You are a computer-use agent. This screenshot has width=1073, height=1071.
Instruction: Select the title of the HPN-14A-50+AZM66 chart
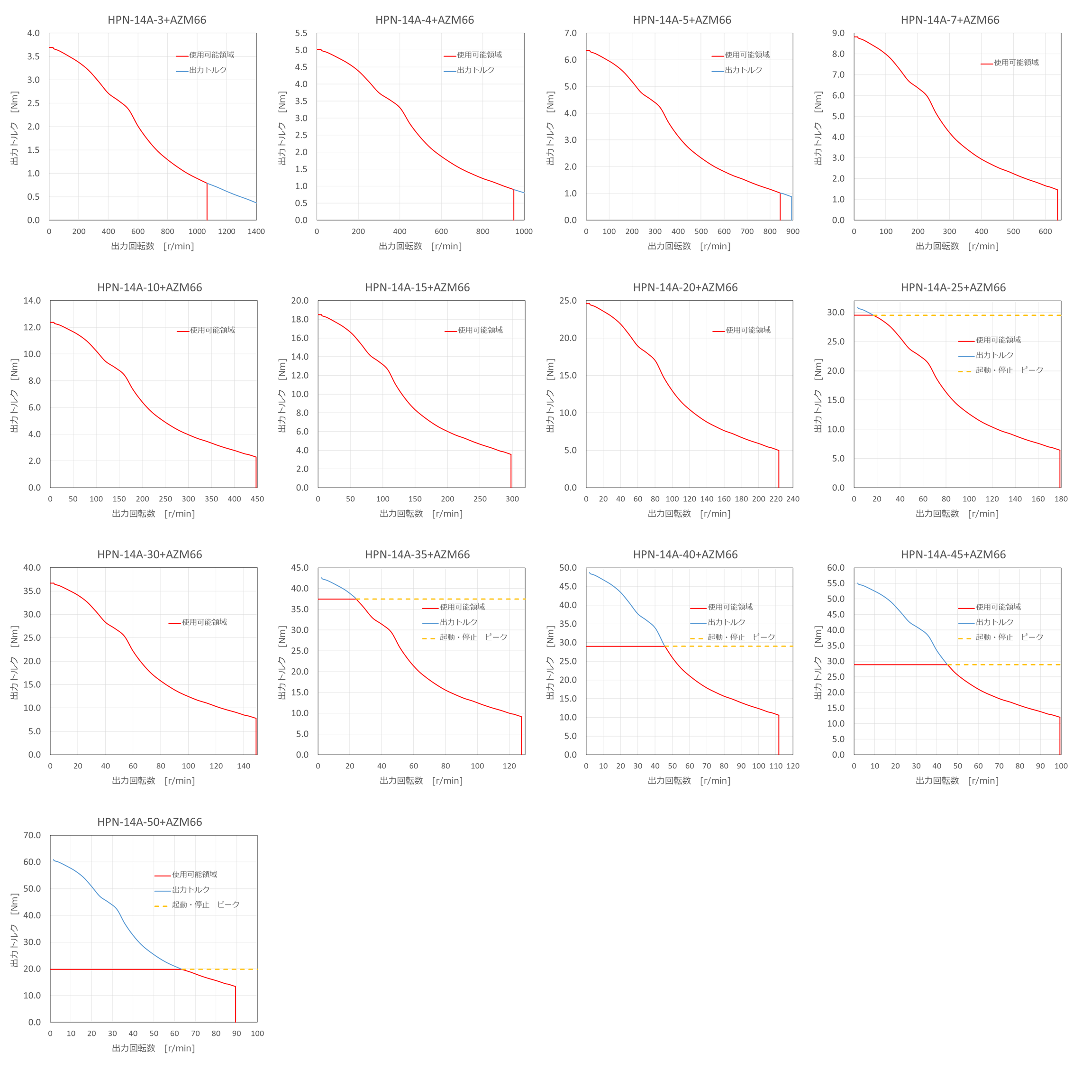149,822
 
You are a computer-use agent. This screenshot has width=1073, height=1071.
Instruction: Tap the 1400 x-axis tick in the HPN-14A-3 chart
256,231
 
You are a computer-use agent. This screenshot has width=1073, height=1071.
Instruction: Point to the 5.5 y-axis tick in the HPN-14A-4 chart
301,33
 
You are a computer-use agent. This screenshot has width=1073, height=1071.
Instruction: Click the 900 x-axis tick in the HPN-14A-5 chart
792,231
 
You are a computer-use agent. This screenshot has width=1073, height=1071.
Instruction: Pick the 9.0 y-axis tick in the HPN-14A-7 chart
838,33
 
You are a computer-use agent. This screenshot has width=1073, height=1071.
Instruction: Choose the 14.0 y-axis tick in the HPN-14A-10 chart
32,301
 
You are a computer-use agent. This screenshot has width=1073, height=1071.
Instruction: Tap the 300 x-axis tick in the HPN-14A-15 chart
512,499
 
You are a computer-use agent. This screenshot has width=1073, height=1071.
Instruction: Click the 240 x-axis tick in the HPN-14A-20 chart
792,499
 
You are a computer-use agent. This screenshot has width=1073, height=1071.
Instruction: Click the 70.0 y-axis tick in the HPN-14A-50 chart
32,835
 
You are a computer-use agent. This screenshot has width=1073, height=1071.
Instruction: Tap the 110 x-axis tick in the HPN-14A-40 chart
776,766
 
